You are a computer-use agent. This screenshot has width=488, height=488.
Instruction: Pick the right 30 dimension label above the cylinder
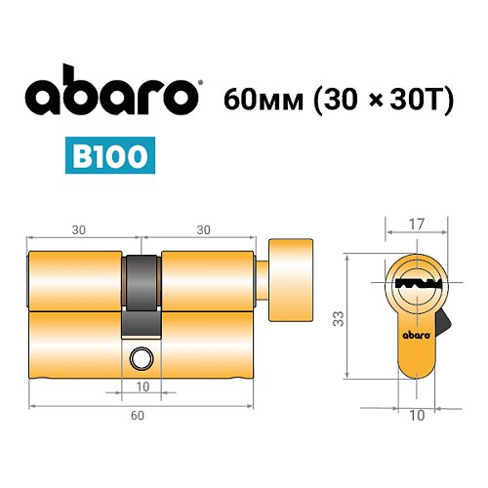(203, 230)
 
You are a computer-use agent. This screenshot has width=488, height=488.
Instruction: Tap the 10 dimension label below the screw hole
(142, 387)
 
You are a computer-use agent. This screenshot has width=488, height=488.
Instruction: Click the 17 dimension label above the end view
(417, 224)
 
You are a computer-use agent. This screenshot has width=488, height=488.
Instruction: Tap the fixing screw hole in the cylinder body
(142, 359)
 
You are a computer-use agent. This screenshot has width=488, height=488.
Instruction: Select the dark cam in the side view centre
(142, 293)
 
